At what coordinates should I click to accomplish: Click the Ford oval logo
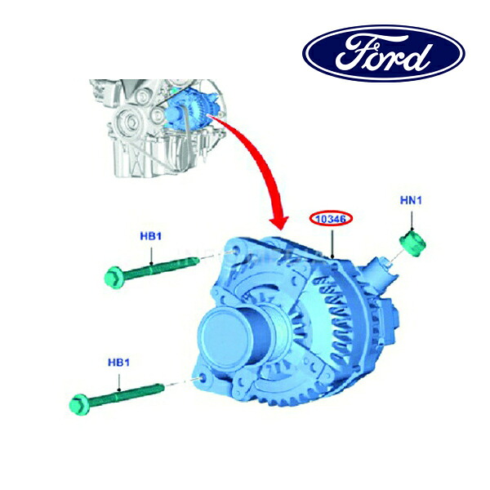point(384,53)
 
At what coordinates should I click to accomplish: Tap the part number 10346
point(331,219)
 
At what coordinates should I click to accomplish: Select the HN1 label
point(411,200)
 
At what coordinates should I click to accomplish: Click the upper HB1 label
point(150,236)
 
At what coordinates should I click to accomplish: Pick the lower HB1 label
point(118,363)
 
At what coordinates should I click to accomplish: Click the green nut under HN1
point(412,244)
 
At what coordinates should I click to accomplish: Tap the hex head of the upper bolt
point(114,278)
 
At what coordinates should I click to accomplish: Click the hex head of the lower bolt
point(80,405)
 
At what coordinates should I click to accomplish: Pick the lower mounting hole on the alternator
point(203,379)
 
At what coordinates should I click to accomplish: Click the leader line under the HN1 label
point(412,221)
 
